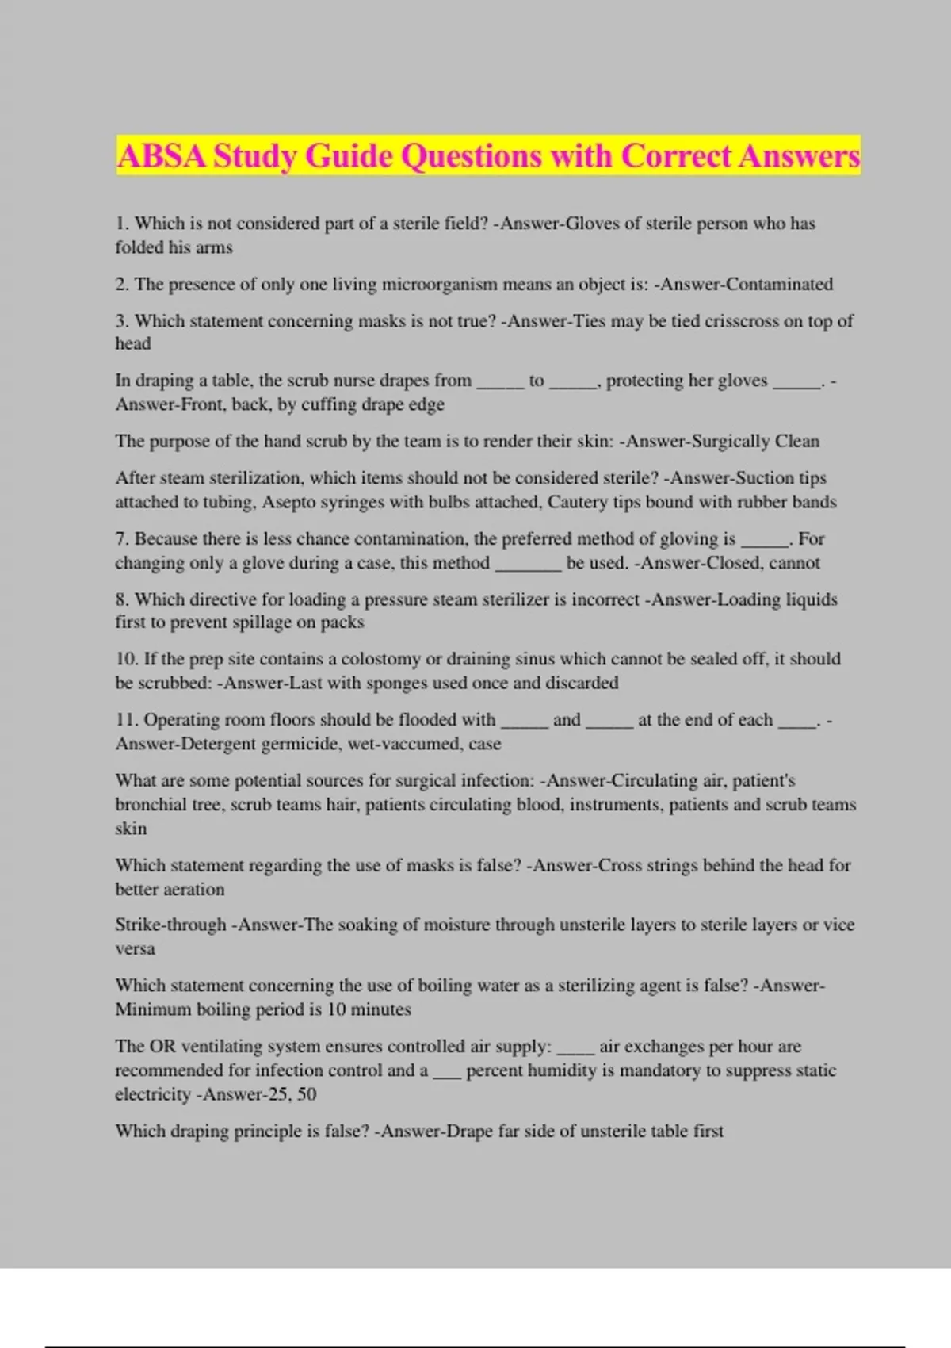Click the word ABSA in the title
(162, 156)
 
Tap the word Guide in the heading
(348, 156)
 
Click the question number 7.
(121, 539)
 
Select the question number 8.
(121, 599)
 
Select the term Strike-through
(170, 925)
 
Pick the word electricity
(153, 1094)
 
